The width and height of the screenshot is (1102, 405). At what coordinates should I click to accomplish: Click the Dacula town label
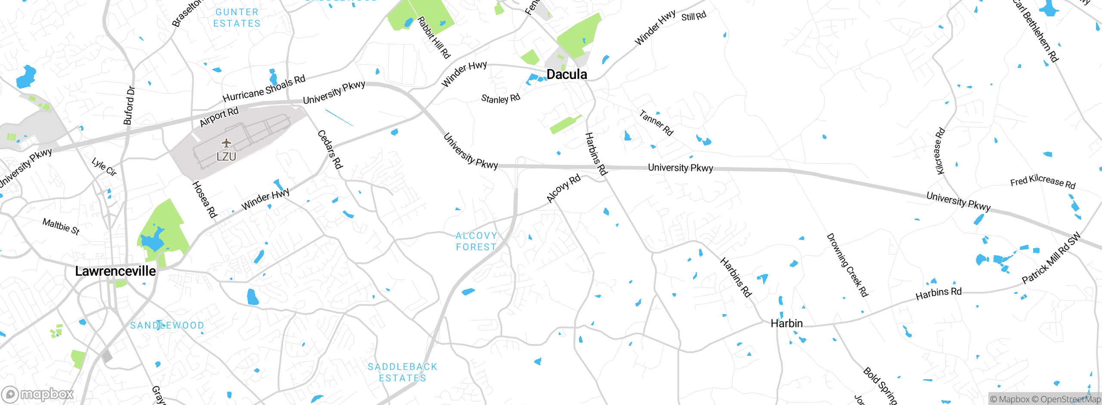click(566, 75)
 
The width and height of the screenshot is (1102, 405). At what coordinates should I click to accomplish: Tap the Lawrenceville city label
click(115, 271)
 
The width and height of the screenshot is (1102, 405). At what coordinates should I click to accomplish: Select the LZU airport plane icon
click(226, 143)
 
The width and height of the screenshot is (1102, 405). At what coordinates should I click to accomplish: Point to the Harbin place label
click(786, 324)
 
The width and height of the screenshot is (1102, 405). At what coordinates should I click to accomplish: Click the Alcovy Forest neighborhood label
click(476, 241)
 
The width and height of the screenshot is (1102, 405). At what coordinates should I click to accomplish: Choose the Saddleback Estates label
click(402, 372)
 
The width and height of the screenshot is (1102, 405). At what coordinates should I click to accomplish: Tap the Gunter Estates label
click(237, 18)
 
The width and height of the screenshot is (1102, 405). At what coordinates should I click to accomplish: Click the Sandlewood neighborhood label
click(167, 325)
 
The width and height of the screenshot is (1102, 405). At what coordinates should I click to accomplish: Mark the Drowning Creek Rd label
click(847, 265)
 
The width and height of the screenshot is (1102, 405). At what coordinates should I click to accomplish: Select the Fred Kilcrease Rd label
click(1043, 182)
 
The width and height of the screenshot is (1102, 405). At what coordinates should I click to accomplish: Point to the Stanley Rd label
click(500, 99)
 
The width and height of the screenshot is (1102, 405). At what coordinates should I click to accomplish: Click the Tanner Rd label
click(656, 123)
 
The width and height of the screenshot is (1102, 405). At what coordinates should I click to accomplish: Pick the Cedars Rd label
click(330, 150)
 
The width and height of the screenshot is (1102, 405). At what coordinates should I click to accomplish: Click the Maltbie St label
click(61, 226)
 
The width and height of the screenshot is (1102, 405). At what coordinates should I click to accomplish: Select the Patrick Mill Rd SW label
click(1051, 258)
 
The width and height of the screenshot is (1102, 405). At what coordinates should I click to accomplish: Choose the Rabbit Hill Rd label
click(433, 37)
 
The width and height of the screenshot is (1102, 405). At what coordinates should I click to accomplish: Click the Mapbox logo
click(38, 394)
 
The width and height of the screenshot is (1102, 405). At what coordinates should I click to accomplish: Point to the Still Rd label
click(693, 16)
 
